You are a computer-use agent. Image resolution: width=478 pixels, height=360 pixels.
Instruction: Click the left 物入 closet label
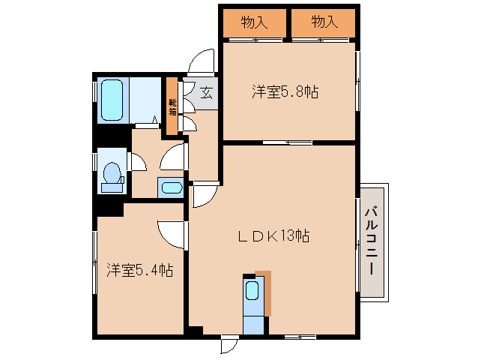[x=254, y=22]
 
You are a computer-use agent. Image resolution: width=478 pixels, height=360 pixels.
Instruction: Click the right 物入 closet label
[x=324, y=22]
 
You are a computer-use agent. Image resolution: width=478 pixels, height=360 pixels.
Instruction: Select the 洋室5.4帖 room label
[x=139, y=269]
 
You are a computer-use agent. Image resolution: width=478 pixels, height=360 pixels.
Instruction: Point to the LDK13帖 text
[x=274, y=235]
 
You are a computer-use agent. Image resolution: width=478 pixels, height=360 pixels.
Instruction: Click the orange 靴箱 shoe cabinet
[x=172, y=107]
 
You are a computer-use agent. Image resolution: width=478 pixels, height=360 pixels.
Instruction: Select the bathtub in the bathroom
[x=115, y=100]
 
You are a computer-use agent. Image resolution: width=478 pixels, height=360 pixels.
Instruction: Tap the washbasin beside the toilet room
[x=171, y=187]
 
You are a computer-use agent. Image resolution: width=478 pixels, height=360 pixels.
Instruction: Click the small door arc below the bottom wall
[x=227, y=345]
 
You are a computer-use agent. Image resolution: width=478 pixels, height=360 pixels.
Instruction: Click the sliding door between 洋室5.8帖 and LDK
[x=288, y=141]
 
